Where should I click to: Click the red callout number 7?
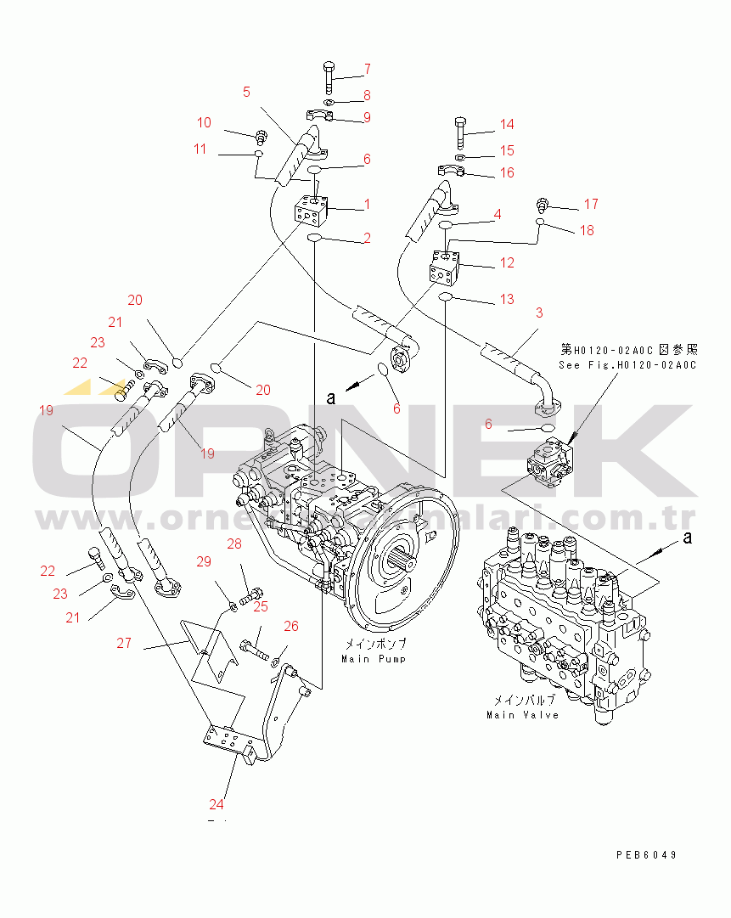(x=368, y=69)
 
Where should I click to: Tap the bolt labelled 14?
(x=458, y=131)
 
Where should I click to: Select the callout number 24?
(x=217, y=803)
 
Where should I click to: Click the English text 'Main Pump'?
(x=374, y=659)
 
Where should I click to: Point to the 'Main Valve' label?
(x=522, y=715)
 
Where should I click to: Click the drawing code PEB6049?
(x=647, y=855)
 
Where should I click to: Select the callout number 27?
(x=124, y=643)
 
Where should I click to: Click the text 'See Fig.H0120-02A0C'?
(x=627, y=365)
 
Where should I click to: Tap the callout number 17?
(x=591, y=204)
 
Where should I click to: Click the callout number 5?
(x=246, y=92)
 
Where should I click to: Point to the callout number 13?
(x=506, y=299)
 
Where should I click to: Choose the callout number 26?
(x=291, y=627)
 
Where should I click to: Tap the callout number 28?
(x=234, y=543)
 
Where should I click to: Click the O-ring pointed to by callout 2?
(x=313, y=239)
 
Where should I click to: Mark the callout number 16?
(x=506, y=172)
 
